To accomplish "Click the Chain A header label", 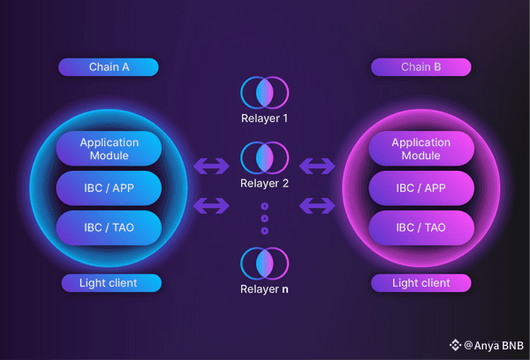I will pyautogui.click(x=108, y=67).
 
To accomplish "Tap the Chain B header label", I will pyautogui.click(x=420, y=67).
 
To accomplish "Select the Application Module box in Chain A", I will pyautogui.click(x=109, y=149).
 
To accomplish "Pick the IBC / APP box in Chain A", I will pyautogui.click(x=109, y=188).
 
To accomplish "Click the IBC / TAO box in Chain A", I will pyautogui.click(x=109, y=227).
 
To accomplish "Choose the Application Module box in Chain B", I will pyautogui.click(x=420, y=149).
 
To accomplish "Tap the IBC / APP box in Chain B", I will pyautogui.click(x=420, y=188).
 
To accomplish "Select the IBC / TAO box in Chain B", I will pyautogui.click(x=420, y=227).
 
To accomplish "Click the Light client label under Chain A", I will pyautogui.click(x=111, y=283).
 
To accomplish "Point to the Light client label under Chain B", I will pyautogui.click(x=420, y=283).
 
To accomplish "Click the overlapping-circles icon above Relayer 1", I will pyautogui.click(x=264, y=92).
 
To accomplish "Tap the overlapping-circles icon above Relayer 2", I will pyautogui.click(x=264, y=157).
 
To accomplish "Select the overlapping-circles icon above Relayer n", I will pyautogui.click(x=264, y=264).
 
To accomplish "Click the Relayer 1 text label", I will pyautogui.click(x=264, y=118).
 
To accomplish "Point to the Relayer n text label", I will pyautogui.click(x=264, y=289).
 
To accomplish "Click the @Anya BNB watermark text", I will pyautogui.click(x=492, y=345).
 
